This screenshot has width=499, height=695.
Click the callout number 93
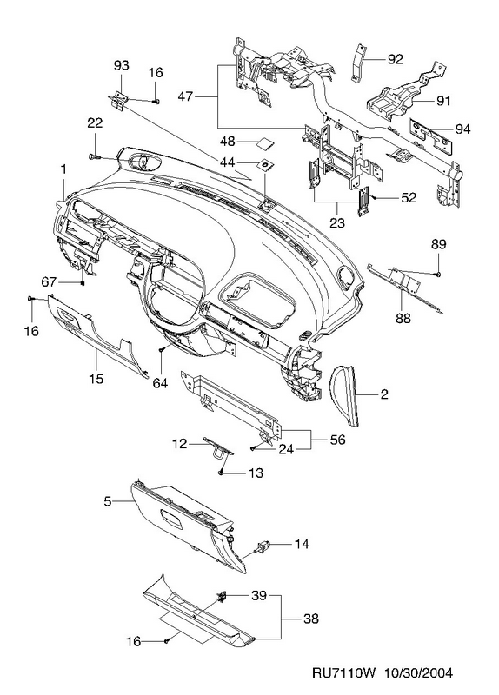pos(121,66)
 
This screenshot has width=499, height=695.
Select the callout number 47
pos(185,96)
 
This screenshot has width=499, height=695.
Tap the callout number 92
pos(396,59)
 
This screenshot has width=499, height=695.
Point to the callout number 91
pos(443,101)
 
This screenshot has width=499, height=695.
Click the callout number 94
pos(462,129)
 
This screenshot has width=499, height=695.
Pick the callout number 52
pos(409,198)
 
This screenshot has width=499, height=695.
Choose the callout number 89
pos(438,244)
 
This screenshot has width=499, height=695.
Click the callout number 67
pos(50,281)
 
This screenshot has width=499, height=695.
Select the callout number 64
pos(160,383)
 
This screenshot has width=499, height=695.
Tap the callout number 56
pos(337,440)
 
